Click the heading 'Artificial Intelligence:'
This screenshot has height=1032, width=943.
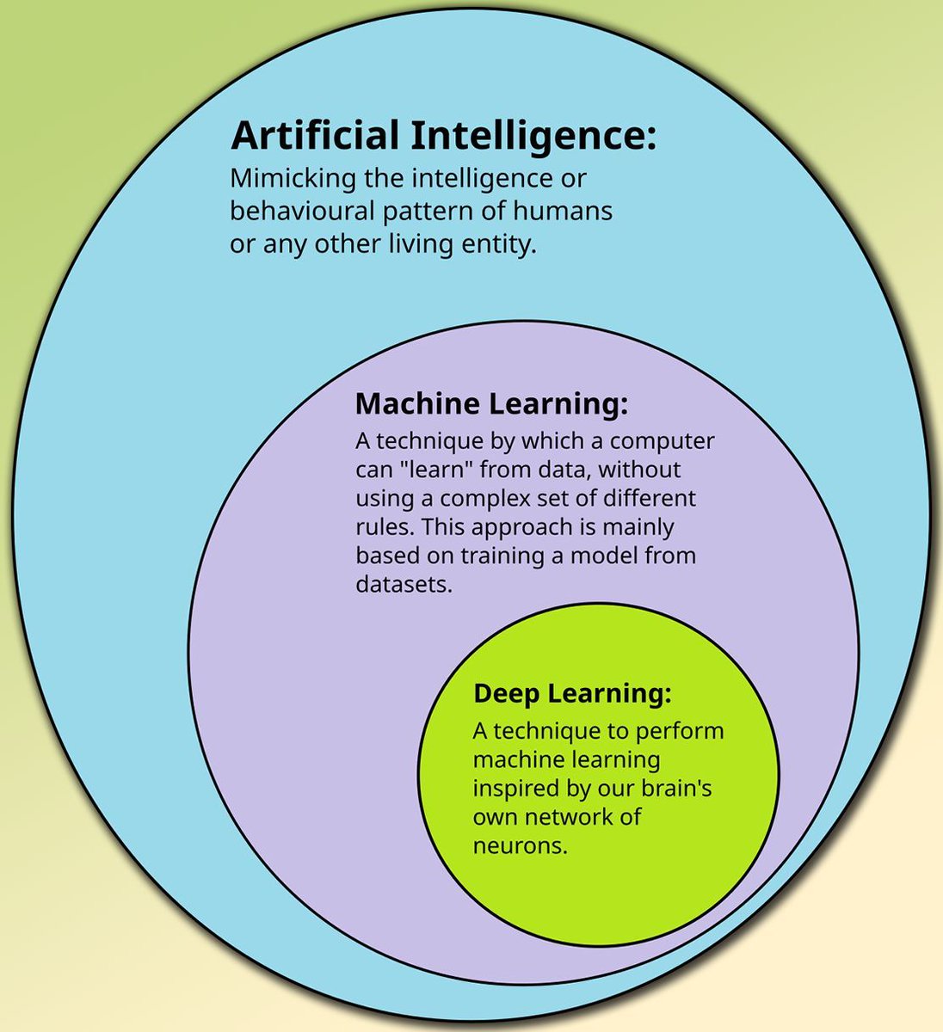point(443,137)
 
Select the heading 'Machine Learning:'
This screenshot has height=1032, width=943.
point(491,403)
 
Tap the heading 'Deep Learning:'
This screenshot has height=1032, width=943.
point(572,693)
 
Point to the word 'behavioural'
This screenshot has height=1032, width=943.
point(290,211)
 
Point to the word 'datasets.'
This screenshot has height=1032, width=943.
point(404,584)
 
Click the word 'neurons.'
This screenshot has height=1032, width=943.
point(521,845)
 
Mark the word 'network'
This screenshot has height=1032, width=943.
point(569,816)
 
